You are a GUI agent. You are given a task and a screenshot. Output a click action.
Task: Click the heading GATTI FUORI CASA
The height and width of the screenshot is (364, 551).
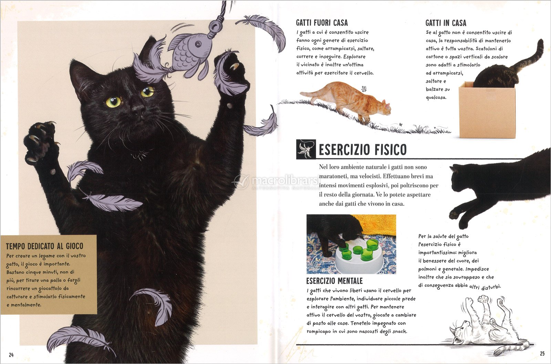pyautogui.click(x=322, y=23)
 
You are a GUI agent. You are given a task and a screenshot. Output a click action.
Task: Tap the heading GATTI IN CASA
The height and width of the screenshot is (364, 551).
pyautogui.click(x=446, y=23)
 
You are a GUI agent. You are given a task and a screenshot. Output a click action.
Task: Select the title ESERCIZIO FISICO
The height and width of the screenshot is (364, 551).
pyautogui.click(x=363, y=149)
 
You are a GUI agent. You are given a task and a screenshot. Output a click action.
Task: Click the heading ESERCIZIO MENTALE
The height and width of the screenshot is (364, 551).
pyautogui.click(x=334, y=281)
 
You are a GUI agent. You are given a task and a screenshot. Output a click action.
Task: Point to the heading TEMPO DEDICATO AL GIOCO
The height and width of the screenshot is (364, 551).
pyautogui.click(x=44, y=246)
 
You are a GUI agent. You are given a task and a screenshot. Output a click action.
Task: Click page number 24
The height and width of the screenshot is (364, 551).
pyautogui.click(x=11, y=355)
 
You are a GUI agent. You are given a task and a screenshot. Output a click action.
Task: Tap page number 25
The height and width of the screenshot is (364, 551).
pyautogui.click(x=542, y=354)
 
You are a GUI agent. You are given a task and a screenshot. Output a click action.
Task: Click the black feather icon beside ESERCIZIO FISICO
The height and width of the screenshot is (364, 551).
pyautogui.click(x=306, y=149)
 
